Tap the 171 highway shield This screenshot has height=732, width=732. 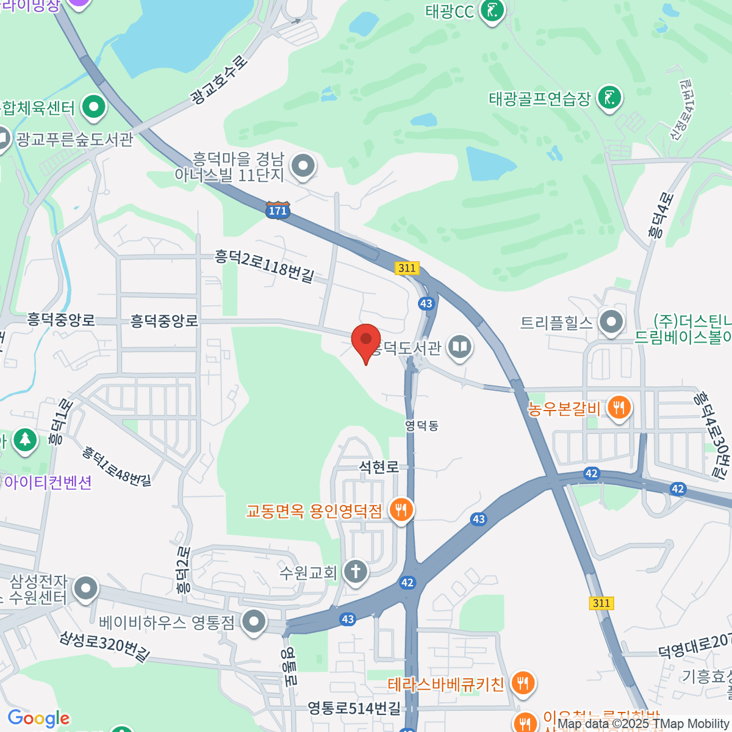pos(277,210)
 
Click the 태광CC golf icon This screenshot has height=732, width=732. pos(492,10)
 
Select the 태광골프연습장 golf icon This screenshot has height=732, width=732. pos(609,97)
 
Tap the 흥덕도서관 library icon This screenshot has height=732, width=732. pos(459,348)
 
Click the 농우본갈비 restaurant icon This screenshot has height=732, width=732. pos(619,407)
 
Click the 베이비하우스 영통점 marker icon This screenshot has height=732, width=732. pos(253,622)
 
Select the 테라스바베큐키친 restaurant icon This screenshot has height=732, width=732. pos(523,683)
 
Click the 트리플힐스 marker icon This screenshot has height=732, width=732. pos(611,322)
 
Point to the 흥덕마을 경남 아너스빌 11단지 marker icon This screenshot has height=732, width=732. pos(303,166)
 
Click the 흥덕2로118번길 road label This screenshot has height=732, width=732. pos(264,265)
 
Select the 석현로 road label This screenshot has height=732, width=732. pos(379,467)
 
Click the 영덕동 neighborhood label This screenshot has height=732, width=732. pos(422,425)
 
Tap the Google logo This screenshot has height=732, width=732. pos(39,719)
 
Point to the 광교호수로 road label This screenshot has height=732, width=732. pos(220,80)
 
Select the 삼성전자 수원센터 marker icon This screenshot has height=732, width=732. pos(85,589)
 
